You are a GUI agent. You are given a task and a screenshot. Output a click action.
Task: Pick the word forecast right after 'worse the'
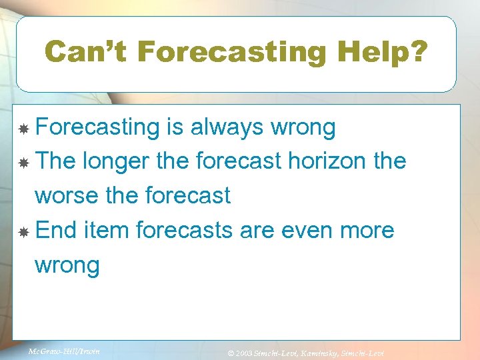pyautogui.click(x=191, y=196)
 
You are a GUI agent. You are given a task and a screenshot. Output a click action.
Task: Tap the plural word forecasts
pyautogui.click(x=183, y=231)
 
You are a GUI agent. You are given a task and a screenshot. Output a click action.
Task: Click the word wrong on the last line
pyautogui.click(x=67, y=265)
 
